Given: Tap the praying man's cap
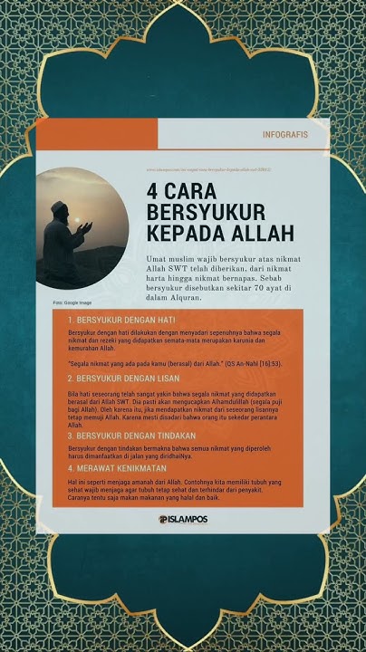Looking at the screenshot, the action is click(x=59, y=207).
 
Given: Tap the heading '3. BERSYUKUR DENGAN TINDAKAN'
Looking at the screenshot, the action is click(x=133, y=436).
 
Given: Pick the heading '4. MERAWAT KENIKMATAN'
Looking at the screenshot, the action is click(x=117, y=469).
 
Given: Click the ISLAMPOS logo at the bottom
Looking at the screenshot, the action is click(x=183, y=520).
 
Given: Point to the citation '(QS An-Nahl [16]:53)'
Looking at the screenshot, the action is click(x=227, y=362).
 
